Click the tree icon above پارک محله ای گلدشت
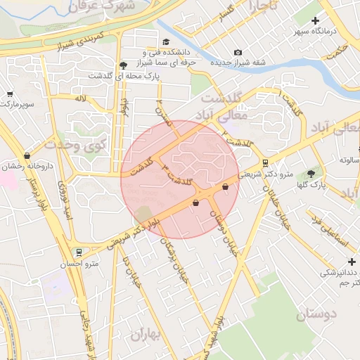point(124,64)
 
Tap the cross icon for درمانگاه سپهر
point(315,21)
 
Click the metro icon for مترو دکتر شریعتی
point(264,162)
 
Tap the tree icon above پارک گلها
point(311,174)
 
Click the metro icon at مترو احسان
point(78,252)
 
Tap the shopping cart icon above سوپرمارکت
point(10,94)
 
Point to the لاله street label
point(81,100)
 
